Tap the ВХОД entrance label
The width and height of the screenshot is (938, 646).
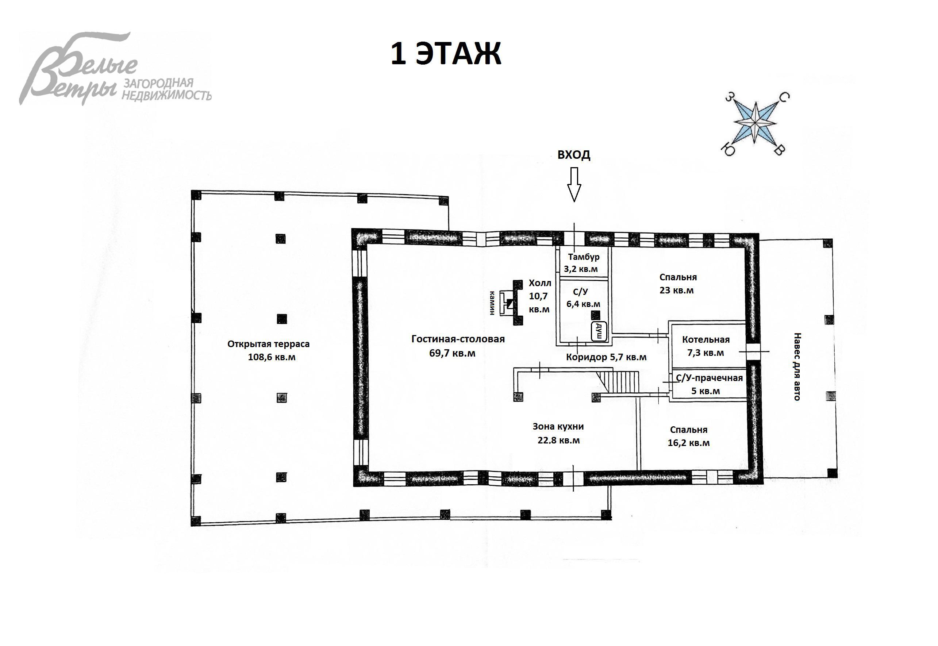tap(574, 155)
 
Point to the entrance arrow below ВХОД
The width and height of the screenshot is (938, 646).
tap(574, 185)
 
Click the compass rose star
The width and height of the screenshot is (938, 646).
tap(755, 123)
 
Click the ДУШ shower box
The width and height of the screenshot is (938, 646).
tap(599, 331)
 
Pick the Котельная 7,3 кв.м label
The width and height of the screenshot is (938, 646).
tap(706, 346)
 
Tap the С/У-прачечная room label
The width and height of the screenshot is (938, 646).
tap(708, 384)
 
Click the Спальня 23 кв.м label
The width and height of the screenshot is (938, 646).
tap(678, 284)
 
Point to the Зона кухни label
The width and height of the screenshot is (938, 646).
tap(558, 433)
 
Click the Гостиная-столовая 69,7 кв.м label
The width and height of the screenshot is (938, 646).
tap(458, 346)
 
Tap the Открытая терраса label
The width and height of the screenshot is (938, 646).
tap(269, 350)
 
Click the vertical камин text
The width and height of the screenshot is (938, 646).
tap(492, 303)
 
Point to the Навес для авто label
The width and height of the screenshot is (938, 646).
tap(797, 367)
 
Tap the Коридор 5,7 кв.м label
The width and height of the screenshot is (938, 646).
tap(606, 357)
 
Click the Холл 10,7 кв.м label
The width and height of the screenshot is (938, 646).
tap(539, 296)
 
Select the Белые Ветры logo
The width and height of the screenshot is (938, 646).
tap(115, 69)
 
